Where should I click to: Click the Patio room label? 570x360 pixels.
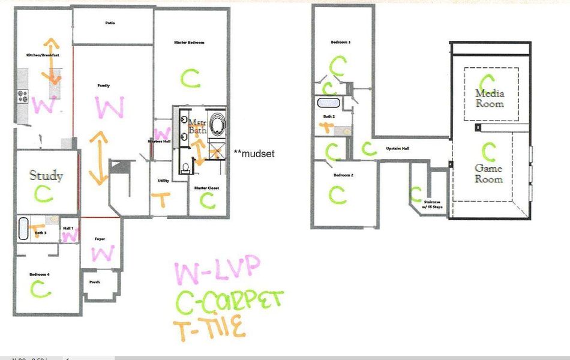point(110,23)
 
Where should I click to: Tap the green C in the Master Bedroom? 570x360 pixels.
point(191,77)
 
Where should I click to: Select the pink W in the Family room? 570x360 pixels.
point(110,109)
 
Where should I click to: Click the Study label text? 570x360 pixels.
point(46,176)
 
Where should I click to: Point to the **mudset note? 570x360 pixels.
point(254,154)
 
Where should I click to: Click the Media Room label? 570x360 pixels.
point(490,98)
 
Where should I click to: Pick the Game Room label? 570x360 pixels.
point(488,174)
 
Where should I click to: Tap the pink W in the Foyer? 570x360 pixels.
point(103,254)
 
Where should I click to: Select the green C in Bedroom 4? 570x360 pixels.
point(41,289)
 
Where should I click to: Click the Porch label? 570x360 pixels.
point(94,281)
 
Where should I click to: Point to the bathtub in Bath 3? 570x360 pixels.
point(24,228)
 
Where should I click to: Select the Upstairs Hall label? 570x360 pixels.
point(397,148)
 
